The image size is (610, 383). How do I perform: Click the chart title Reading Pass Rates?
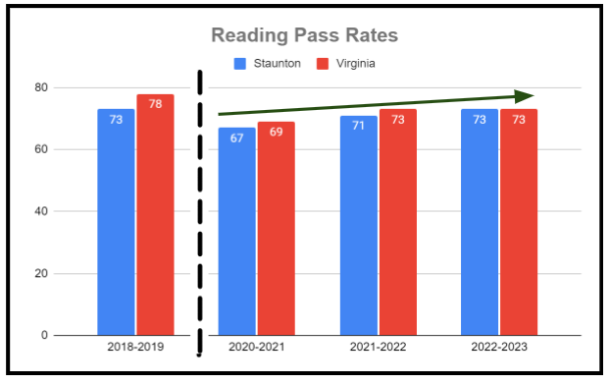click(306, 37)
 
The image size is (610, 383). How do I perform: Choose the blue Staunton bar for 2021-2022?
click(358, 225)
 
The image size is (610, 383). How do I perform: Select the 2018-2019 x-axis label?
click(135, 348)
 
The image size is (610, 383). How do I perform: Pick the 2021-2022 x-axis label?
click(378, 348)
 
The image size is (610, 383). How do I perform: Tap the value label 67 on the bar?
click(236, 137)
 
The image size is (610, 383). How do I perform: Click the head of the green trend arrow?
click(528, 95)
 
